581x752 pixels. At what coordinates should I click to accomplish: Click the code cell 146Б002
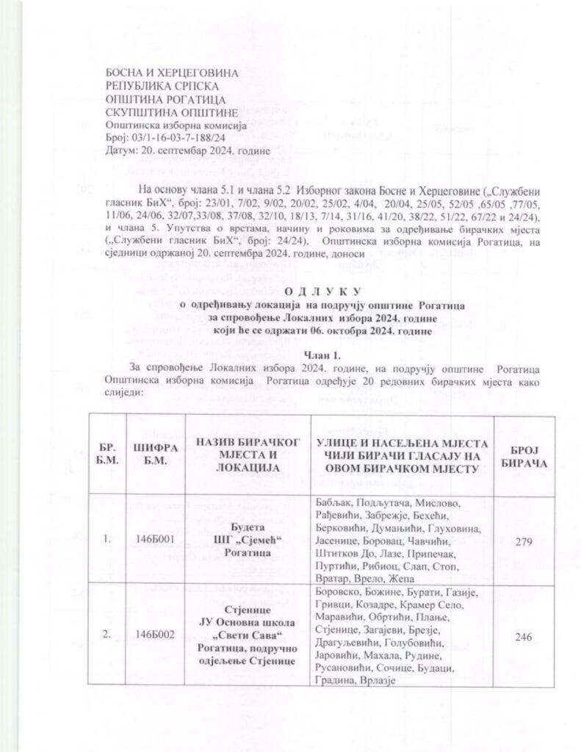tap(154, 636)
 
